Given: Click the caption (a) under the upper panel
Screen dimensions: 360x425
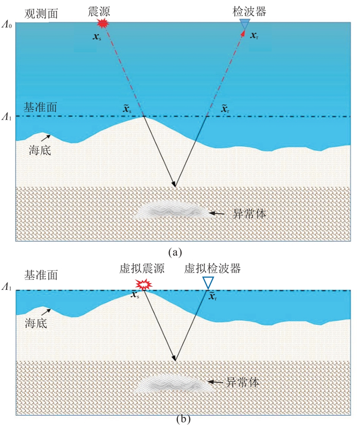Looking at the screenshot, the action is click(175, 252).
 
